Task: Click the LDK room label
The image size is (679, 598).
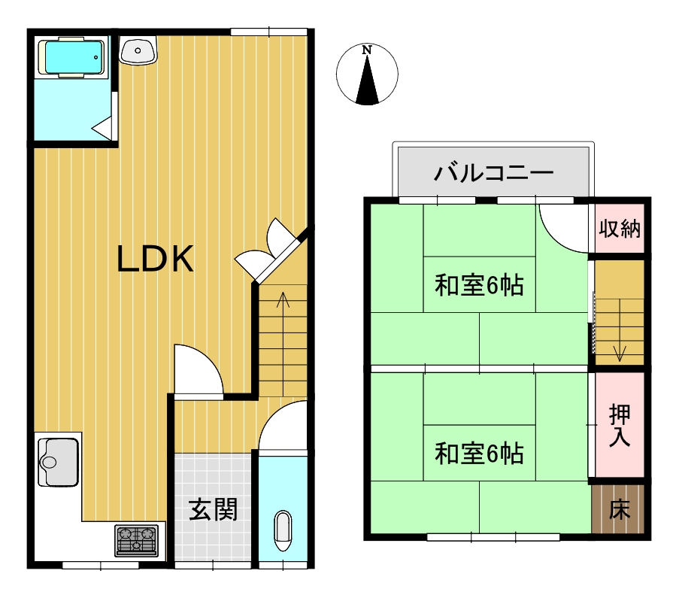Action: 155,259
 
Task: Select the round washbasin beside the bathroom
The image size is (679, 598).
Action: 138,50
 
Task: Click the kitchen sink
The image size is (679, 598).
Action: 58,462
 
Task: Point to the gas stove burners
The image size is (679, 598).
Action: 136,540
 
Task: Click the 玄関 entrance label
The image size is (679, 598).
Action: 213,509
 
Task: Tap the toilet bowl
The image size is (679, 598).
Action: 283,531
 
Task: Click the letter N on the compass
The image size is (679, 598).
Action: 367,50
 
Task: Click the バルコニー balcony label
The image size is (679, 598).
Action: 494,173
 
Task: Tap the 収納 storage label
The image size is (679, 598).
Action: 620,228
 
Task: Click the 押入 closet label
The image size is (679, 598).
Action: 620,426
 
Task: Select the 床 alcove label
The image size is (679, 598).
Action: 620,509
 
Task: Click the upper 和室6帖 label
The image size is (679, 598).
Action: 480,285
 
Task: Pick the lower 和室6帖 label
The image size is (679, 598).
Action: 480,454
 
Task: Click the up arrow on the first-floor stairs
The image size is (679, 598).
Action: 283,343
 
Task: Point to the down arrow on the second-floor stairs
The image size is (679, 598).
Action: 620,330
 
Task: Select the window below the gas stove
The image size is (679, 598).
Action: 101,565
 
